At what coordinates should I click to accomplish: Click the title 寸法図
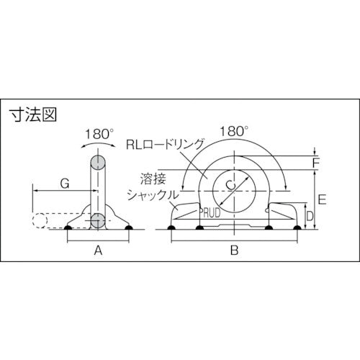click(x=34, y=114)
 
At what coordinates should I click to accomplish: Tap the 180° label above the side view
click(x=99, y=133)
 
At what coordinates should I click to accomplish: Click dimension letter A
click(x=99, y=251)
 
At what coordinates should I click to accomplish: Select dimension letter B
click(x=233, y=251)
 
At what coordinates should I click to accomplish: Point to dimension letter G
click(x=63, y=184)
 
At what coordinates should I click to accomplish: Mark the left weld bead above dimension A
click(x=68, y=229)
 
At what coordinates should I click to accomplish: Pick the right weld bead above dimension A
click(x=129, y=229)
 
